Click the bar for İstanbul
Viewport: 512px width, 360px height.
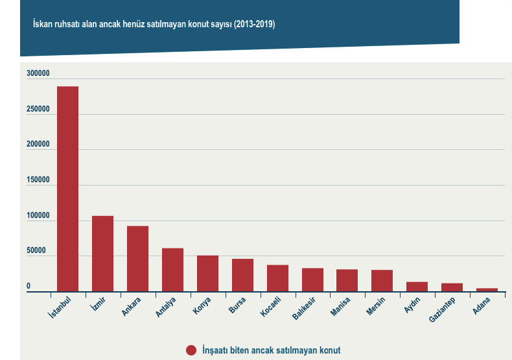(67, 189)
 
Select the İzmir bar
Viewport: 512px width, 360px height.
(102, 254)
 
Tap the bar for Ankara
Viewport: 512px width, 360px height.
(137, 259)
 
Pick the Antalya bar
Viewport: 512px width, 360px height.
(172, 270)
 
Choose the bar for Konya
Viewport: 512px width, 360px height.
(207, 274)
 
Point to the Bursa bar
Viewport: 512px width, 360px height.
(242, 275)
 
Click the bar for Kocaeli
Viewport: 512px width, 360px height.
(277, 278)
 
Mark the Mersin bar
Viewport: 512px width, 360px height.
(382, 281)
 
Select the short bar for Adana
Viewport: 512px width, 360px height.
(487, 290)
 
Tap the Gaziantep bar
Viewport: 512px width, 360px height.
(452, 287)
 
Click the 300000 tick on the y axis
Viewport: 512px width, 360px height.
(38, 75)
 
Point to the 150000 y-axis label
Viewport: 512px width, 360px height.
(38, 181)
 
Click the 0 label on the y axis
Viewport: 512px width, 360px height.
(29, 286)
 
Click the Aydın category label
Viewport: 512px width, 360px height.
(413, 306)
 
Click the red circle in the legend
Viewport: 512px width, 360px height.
(191, 350)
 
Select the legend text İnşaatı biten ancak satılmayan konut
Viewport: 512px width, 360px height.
(271, 350)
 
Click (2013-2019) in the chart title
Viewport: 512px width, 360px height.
(255, 24)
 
